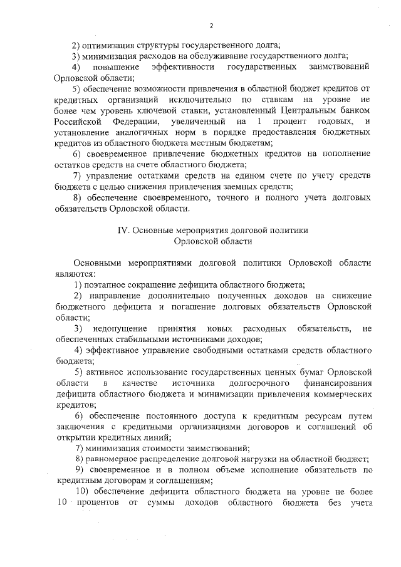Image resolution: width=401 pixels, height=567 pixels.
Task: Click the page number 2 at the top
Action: [x=211, y=26]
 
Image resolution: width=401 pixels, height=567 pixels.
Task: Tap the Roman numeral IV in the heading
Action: [x=123, y=230]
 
